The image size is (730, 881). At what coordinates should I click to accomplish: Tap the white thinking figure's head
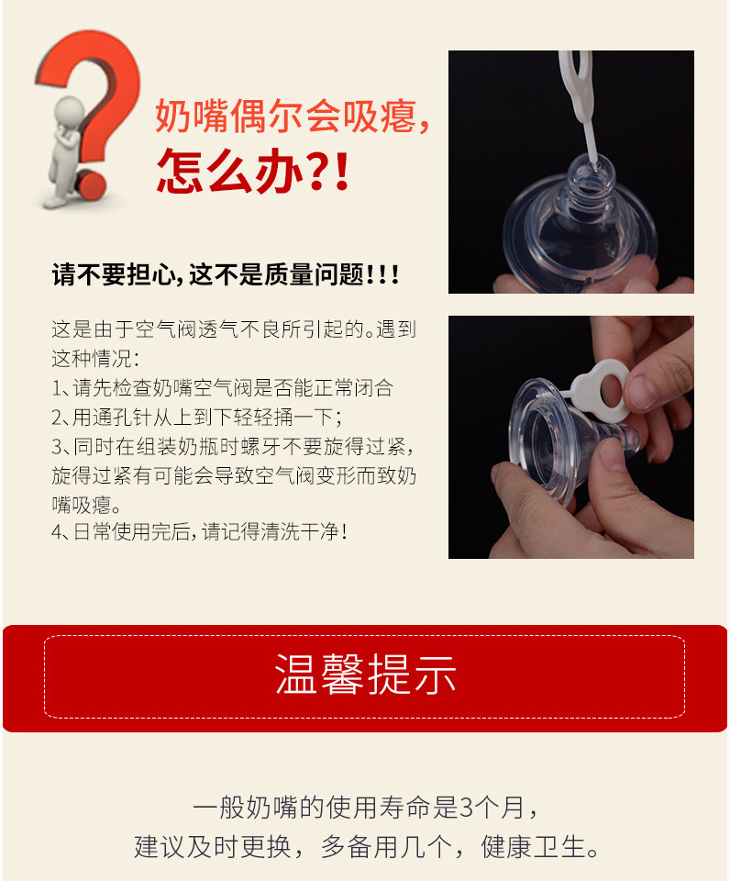(x=68, y=110)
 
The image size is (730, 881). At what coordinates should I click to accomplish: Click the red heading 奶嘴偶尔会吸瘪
(x=292, y=117)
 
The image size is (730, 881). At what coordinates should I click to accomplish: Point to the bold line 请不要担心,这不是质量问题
(x=226, y=274)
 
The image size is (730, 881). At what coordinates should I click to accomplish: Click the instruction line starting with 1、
(x=223, y=387)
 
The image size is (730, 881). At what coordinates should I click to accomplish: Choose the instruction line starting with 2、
(x=196, y=417)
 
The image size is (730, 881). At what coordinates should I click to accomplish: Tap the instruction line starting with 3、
(x=234, y=446)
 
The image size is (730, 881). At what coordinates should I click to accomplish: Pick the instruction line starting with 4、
(x=200, y=531)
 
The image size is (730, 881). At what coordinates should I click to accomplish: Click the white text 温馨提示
(x=365, y=676)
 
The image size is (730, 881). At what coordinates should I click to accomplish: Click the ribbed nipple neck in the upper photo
(x=588, y=187)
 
